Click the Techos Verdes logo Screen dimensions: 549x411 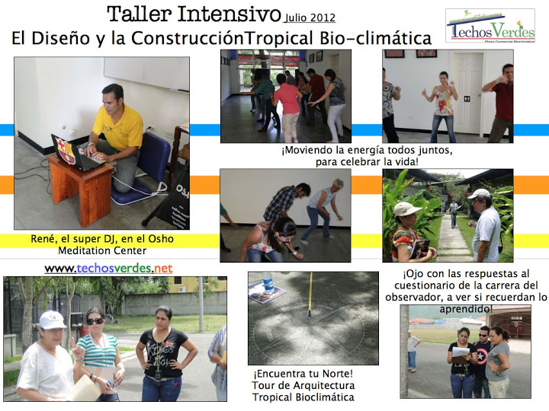490,26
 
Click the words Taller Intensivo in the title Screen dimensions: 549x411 194,14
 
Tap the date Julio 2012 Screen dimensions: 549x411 310,18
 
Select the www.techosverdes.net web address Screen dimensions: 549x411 108,269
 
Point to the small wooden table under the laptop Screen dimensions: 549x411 81,189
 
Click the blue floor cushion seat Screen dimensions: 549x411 143,167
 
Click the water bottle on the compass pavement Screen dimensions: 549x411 268,282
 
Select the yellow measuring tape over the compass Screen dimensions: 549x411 310,295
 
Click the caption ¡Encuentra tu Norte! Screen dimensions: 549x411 303,374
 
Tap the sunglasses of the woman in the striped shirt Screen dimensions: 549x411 95,321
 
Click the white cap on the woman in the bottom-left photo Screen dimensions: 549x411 52,320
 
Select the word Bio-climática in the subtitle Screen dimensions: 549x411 375,38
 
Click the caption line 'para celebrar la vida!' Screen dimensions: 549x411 367,162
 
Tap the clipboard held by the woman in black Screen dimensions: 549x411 461,351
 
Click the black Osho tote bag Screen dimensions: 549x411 175,202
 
